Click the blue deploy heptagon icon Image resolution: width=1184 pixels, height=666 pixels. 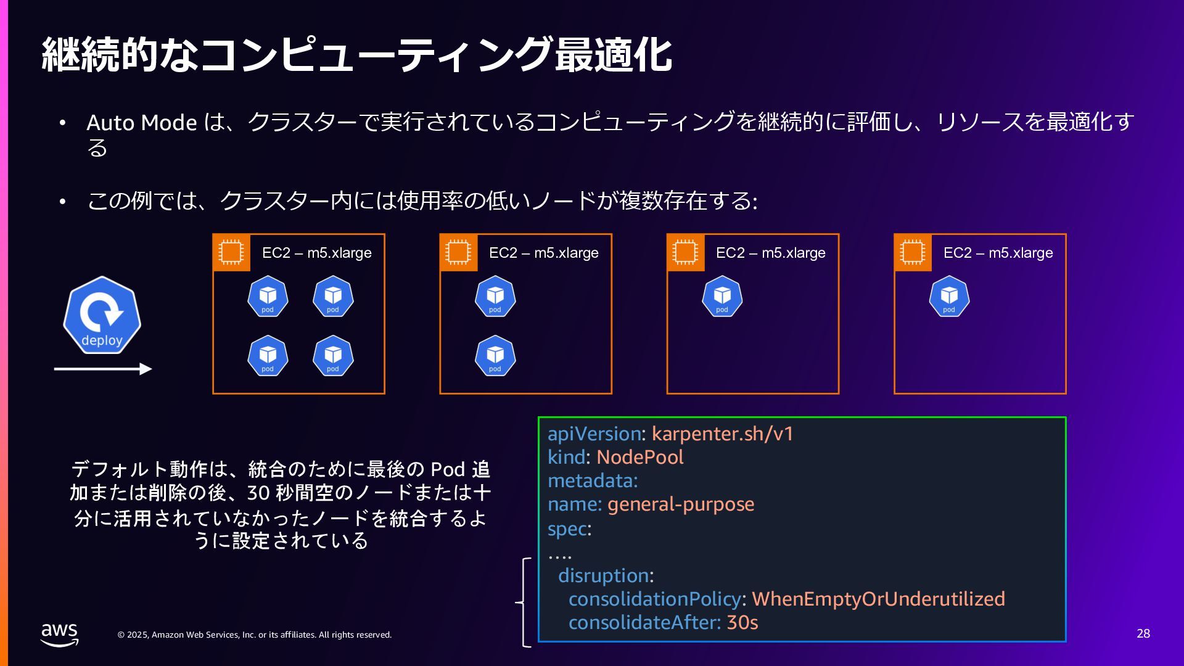click(x=102, y=315)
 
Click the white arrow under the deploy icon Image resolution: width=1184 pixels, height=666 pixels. click(x=102, y=369)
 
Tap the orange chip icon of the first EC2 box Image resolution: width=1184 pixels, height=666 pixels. click(x=231, y=252)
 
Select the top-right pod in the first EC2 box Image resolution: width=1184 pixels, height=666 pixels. click(x=333, y=297)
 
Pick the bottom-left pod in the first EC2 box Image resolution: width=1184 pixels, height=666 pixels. click(x=268, y=356)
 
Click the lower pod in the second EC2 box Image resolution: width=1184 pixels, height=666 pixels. click(x=495, y=356)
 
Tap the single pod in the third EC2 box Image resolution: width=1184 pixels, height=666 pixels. click(x=722, y=297)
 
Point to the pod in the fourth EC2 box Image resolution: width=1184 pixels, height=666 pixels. click(x=949, y=297)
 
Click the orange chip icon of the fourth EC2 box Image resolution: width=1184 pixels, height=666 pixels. click(x=913, y=252)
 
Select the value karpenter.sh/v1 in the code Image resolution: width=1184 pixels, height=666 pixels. click(x=722, y=434)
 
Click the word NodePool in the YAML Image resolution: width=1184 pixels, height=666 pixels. click(x=640, y=457)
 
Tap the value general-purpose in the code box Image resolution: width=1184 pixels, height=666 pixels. click(x=681, y=504)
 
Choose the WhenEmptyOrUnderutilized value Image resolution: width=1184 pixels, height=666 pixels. click(x=878, y=599)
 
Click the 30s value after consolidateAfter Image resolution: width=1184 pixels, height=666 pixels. click(x=742, y=622)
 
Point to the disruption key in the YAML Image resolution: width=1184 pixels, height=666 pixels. click(x=604, y=575)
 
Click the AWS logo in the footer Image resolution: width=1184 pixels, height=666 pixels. click(x=60, y=634)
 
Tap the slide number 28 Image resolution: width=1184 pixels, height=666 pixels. click(x=1143, y=633)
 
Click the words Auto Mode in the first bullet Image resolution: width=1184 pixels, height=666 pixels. click(x=142, y=122)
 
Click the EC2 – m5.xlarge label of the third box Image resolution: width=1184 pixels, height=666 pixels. click(x=770, y=253)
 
